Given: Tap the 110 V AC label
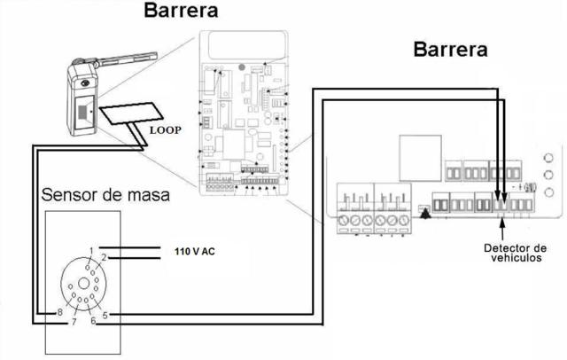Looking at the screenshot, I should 194,251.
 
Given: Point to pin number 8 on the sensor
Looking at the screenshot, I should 60,312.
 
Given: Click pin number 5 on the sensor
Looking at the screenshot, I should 105,312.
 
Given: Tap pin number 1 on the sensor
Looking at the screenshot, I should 90,250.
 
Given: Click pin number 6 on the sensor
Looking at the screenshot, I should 92,322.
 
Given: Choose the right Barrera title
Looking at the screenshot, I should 450,49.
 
